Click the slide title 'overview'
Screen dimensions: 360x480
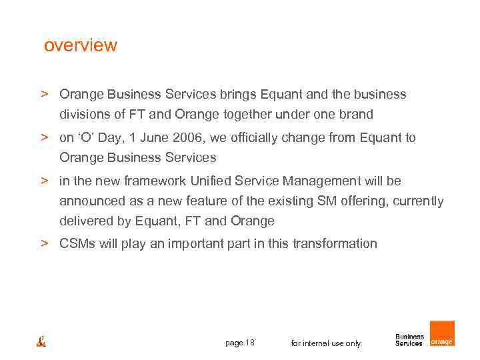(x=80, y=46)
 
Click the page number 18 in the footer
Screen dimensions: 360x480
(x=250, y=343)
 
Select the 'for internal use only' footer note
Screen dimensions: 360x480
(x=326, y=343)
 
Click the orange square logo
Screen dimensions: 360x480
(x=441, y=334)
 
